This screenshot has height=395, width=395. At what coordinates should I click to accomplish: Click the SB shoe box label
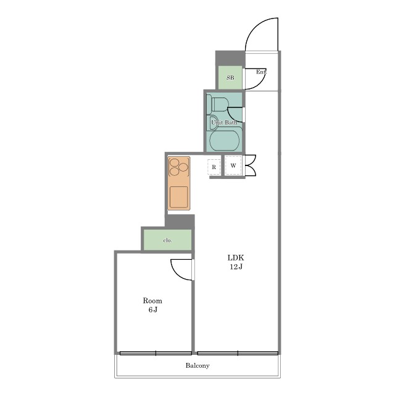[230, 78]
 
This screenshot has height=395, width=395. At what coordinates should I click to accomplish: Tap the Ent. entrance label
[261, 72]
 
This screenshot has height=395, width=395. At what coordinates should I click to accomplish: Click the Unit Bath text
[224, 122]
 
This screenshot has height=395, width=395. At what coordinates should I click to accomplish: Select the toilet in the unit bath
[218, 104]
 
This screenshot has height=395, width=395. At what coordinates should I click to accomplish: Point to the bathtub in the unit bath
[224, 141]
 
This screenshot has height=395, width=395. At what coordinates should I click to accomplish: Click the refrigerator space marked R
[214, 167]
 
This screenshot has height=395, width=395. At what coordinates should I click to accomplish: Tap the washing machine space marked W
[233, 165]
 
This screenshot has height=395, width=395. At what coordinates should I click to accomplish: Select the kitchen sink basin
[179, 197]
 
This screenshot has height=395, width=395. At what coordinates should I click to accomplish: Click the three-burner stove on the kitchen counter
[178, 167]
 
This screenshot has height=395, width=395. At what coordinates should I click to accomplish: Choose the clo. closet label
[167, 240]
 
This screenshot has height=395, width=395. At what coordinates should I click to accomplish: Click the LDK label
[236, 258]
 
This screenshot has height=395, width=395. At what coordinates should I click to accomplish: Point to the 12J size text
[236, 267]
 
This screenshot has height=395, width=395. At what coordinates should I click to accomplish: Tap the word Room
[152, 301]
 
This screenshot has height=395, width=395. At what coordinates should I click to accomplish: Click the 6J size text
[152, 309]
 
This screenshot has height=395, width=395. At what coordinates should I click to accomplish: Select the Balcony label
[197, 365]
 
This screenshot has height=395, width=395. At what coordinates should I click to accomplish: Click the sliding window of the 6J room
[156, 353]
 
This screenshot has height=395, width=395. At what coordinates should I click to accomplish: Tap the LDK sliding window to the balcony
[238, 353]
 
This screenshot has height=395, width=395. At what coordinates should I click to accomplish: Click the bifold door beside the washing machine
[251, 165]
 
